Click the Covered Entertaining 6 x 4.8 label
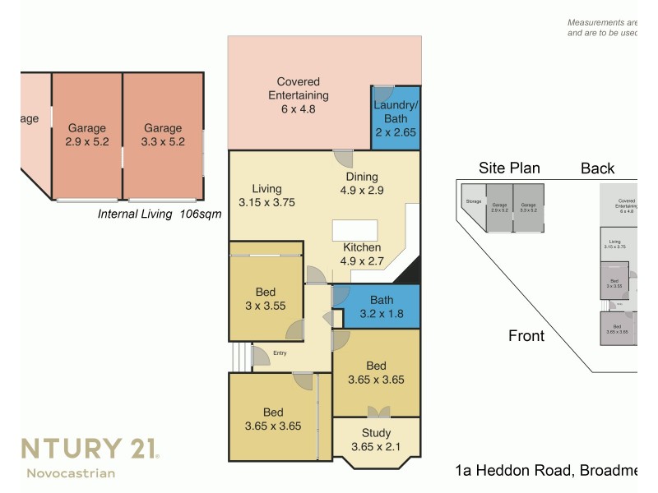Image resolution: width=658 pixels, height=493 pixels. (298, 94)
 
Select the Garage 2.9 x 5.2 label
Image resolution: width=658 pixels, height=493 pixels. (87, 135)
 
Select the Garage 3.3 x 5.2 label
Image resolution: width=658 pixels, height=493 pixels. (163, 135)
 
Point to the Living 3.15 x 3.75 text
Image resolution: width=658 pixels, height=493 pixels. (266, 196)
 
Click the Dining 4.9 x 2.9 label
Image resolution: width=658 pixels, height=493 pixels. (361, 183)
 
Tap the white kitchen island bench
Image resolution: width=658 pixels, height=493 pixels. (354, 230)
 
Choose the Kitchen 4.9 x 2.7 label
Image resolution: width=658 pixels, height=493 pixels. (361, 255)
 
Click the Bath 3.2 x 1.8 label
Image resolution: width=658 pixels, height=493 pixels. (381, 306)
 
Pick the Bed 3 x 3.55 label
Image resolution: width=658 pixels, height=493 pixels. (266, 299)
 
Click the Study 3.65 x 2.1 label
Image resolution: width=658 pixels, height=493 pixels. (376, 440)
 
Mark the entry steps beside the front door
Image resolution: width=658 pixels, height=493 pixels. (239, 357)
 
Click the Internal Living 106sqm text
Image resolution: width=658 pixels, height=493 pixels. (160, 214)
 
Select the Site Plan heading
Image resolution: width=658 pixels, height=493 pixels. (509, 168)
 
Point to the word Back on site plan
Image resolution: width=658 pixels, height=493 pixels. (597, 168)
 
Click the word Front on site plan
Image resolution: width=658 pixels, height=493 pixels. (526, 335)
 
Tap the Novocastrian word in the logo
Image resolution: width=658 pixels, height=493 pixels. (71, 473)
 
